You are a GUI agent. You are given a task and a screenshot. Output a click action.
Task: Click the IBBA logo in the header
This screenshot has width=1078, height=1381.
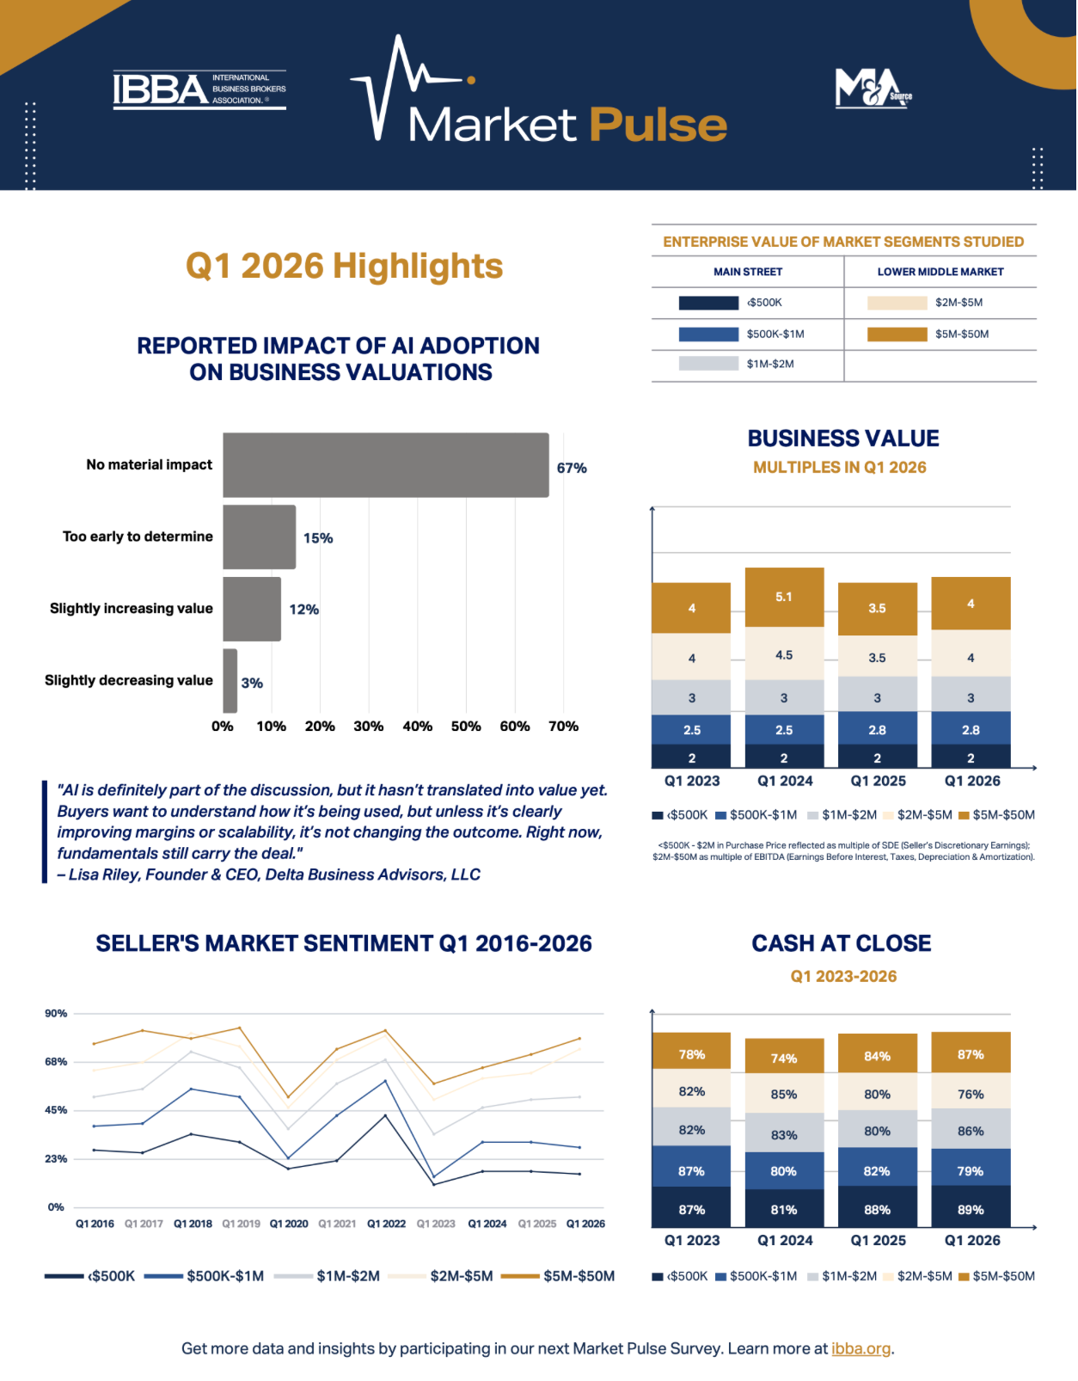click(199, 89)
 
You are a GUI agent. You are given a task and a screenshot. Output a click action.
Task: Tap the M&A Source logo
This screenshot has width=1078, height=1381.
click(873, 88)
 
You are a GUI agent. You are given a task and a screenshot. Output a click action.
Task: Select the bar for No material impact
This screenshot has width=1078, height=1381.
click(386, 465)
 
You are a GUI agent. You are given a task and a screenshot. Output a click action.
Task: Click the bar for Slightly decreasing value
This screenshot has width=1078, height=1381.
click(230, 681)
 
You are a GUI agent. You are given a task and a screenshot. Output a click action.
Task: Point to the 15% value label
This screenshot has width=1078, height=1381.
click(317, 538)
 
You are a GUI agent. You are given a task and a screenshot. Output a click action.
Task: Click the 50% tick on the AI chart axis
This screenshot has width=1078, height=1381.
click(466, 727)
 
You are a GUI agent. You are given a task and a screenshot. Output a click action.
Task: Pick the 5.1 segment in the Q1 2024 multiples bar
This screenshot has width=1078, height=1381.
click(784, 597)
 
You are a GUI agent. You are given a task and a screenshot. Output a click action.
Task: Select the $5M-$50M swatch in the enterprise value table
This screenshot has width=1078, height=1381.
click(897, 335)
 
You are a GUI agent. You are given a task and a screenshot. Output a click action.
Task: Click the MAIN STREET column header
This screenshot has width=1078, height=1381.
click(748, 272)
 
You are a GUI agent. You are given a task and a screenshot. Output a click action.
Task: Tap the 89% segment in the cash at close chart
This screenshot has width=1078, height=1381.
click(971, 1209)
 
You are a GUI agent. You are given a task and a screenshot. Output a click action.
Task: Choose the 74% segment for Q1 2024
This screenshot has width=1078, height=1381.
click(784, 1059)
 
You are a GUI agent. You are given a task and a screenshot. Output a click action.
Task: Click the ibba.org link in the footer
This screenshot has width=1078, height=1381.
click(861, 1348)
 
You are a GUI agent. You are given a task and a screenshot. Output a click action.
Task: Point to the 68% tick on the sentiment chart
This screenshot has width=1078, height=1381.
click(56, 1062)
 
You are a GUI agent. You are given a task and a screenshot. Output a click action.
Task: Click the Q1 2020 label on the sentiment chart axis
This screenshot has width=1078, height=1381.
click(289, 1224)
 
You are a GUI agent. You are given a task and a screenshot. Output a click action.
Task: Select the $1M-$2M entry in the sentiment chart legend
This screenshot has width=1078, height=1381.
click(328, 1276)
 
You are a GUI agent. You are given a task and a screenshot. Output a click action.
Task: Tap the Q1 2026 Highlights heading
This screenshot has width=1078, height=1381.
click(345, 266)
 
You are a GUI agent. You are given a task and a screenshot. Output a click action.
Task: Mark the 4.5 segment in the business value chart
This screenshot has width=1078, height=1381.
click(784, 654)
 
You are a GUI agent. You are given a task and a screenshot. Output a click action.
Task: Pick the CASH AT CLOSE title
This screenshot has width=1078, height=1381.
click(842, 943)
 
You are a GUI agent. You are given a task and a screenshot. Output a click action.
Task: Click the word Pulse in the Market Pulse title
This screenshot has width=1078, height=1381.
click(658, 125)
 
